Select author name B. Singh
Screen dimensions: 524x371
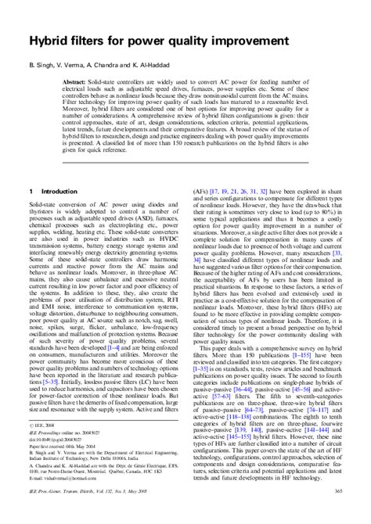[x=45, y=63]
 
